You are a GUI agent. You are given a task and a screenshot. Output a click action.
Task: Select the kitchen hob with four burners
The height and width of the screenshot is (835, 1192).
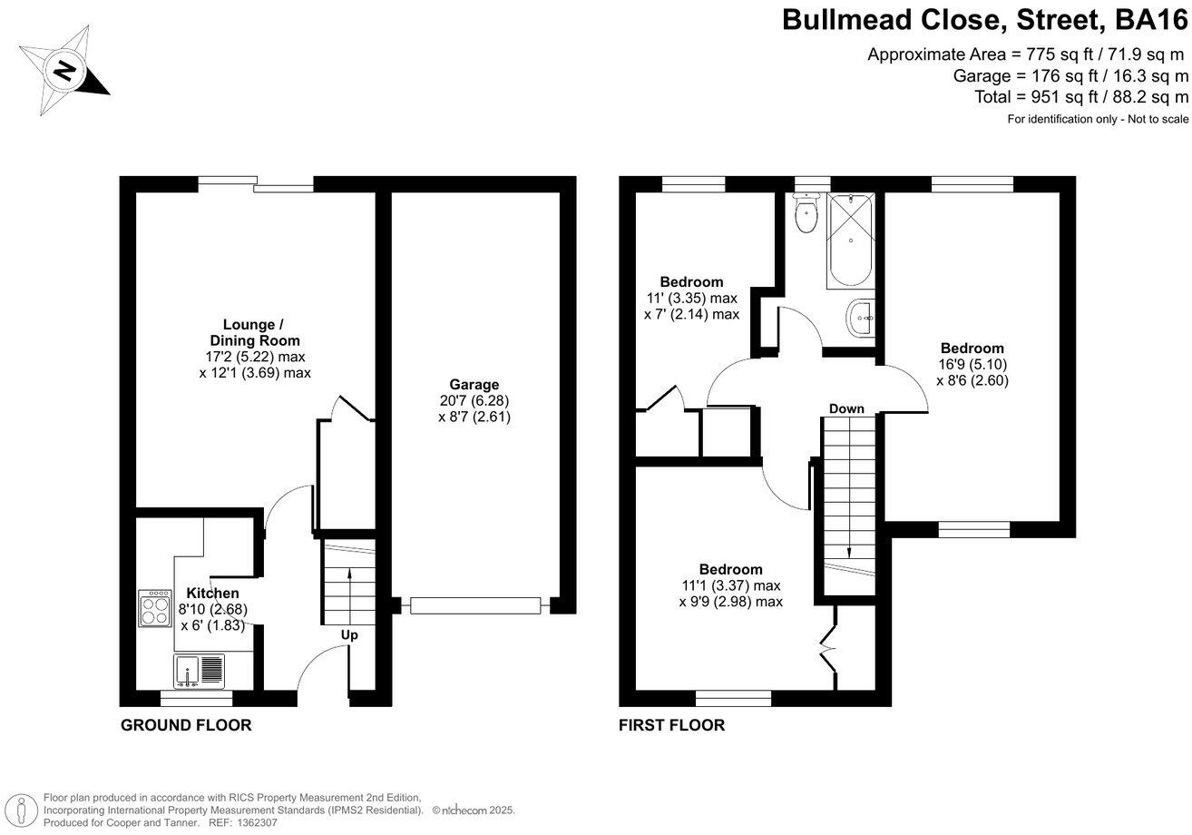click(x=154, y=608)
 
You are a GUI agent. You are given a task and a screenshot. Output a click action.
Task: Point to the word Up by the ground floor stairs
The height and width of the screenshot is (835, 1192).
click(x=349, y=635)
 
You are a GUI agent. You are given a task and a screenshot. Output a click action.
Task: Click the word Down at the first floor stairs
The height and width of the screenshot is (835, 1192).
click(x=846, y=408)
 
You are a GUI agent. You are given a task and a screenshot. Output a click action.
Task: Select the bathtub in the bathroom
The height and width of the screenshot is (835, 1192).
click(x=850, y=241)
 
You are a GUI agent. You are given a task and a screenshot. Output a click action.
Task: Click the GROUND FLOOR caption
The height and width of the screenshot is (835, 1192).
click(x=186, y=725)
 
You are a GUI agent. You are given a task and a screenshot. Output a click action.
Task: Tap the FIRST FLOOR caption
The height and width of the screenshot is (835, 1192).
click(x=671, y=725)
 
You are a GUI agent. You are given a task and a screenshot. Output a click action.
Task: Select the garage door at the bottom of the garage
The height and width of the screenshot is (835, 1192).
click(x=474, y=605)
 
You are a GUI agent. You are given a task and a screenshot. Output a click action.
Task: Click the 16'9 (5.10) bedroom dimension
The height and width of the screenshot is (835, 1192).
click(x=972, y=365)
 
